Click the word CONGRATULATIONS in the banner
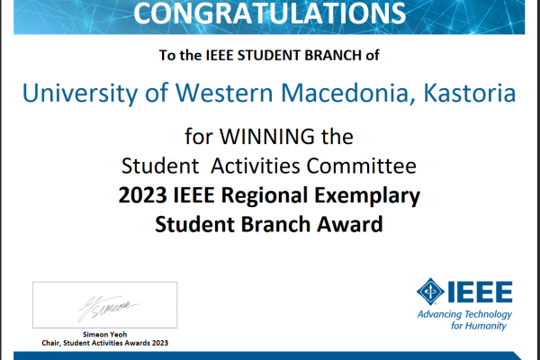270,13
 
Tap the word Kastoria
470,93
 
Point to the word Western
224,93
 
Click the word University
79,94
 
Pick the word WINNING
267,137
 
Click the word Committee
361,166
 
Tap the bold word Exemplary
367,196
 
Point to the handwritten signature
107,308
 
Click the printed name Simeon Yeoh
105,334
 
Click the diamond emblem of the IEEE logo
430,292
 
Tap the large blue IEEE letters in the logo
480,292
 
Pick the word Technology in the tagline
488,314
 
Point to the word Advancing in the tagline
439,314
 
